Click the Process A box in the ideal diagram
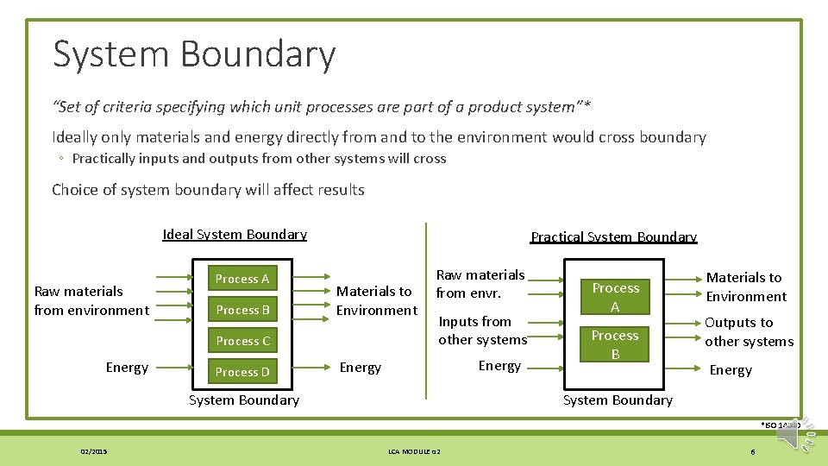pyautogui.click(x=241, y=279)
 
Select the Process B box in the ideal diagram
pyautogui.click(x=241, y=310)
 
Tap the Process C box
pyautogui.click(x=241, y=341)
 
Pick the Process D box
pyautogui.click(x=241, y=372)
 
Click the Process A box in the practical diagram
pyautogui.click(x=615, y=297)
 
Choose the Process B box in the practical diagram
pyautogui.click(x=615, y=344)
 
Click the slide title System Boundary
pyautogui.click(x=194, y=54)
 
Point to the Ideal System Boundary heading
pyautogui.click(x=235, y=235)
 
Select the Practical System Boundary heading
pyautogui.click(x=613, y=237)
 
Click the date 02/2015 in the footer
pyautogui.click(x=94, y=451)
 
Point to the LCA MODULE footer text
pyautogui.click(x=413, y=451)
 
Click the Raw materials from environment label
pyautogui.click(x=91, y=300)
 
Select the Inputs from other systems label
pyautogui.click(x=482, y=331)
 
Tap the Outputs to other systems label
pyautogui.click(x=749, y=331)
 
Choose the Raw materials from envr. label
pyautogui.click(x=480, y=284)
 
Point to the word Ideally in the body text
pyautogui.click(x=74, y=137)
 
